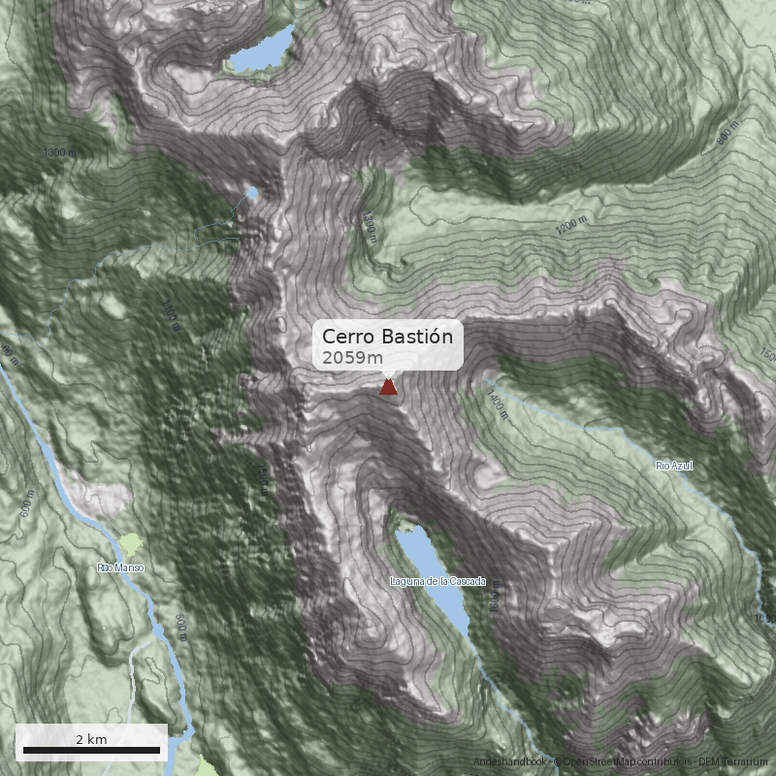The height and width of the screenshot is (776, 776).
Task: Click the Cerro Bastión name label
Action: click(388, 337)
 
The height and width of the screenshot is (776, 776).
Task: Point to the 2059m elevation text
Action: click(353, 358)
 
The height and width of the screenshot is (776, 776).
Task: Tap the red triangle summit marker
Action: click(388, 388)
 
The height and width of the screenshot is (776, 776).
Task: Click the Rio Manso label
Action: click(120, 566)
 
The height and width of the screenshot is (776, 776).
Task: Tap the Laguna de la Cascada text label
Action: click(430, 581)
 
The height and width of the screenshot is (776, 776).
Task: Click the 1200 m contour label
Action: click(571, 226)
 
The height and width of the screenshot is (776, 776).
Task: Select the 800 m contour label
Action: click(727, 136)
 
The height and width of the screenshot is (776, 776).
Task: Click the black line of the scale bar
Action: click(91, 750)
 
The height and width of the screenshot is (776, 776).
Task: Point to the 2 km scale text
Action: click(91, 739)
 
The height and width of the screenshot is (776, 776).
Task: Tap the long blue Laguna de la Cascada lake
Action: click(434, 578)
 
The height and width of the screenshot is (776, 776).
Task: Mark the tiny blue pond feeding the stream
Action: click(252, 193)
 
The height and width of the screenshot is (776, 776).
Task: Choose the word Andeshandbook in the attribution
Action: click(510, 762)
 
